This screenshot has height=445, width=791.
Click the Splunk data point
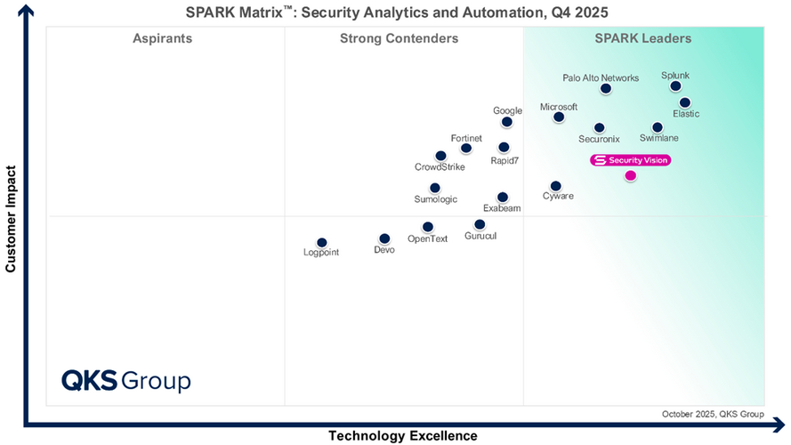[675, 86]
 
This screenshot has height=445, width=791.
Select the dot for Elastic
[685, 103]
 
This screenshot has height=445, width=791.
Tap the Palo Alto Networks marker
[606, 89]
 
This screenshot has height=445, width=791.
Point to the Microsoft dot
[559, 117]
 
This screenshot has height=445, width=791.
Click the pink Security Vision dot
[630, 175]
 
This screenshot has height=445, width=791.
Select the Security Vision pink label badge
[630, 160]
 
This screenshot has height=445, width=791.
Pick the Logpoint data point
[322, 243]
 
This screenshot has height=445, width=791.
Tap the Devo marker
[384, 239]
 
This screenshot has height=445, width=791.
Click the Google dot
[507, 122]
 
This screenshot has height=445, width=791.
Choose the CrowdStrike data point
[440, 156]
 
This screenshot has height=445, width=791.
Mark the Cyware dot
[556, 186]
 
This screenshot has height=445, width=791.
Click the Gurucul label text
[480, 236]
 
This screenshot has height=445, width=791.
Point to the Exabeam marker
[503, 198]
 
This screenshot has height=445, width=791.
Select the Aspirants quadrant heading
[163, 38]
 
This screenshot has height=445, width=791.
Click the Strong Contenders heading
[400, 38]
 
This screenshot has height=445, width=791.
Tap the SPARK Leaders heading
[643, 38]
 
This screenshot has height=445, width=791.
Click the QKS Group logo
[125, 381]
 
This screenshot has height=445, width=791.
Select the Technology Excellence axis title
[403, 435]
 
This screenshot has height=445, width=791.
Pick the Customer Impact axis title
[11, 218]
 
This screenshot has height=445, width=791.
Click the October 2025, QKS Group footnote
[713, 414]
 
